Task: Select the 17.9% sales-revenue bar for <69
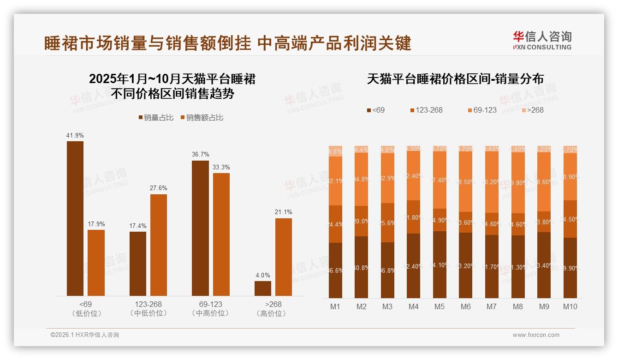pyautogui.click(x=96, y=263)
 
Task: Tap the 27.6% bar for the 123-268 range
pyautogui.click(x=159, y=245)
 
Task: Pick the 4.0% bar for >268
pyautogui.click(x=263, y=288)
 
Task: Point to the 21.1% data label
pyautogui.click(x=284, y=212)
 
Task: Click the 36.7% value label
pyautogui.click(x=200, y=154)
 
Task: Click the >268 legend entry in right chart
pyautogui.click(x=532, y=110)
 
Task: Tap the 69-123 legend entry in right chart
pyautogui.click(x=482, y=110)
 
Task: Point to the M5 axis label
pyautogui.click(x=440, y=306)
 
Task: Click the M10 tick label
pyautogui.click(x=570, y=306)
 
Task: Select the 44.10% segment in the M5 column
pyautogui.click(x=440, y=264)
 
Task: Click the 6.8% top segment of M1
pyautogui.click(x=335, y=151)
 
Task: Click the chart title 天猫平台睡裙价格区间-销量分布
pyautogui.click(x=455, y=79)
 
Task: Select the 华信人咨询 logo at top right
pyautogui.click(x=542, y=40)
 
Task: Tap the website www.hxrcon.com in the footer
pyautogui.click(x=536, y=335)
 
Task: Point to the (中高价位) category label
pyautogui.click(x=210, y=313)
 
